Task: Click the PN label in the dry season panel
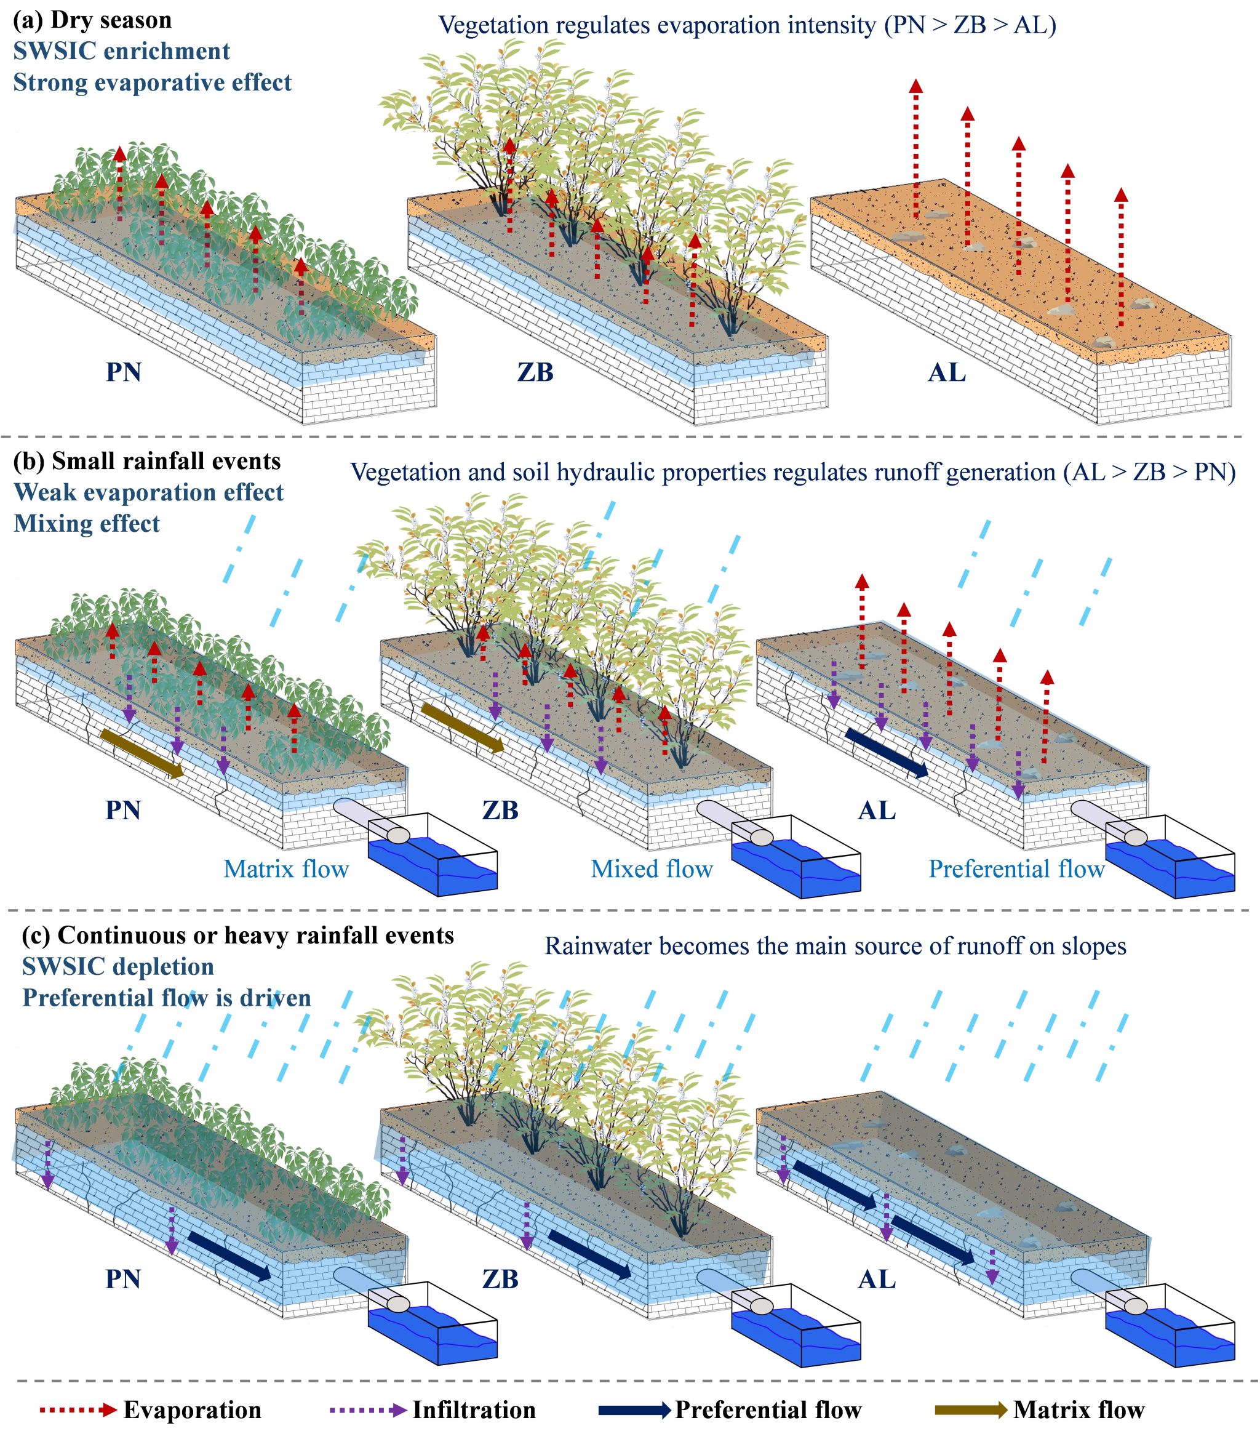pyautogui.click(x=123, y=372)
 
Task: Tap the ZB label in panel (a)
pyautogui.click(x=535, y=372)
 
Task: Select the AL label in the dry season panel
pyautogui.click(x=946, y=372)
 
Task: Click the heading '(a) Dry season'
pyautogui.click(x=92, y=20)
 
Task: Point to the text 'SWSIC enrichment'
pyautogui.click(x=122, y=51)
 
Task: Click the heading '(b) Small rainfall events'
pyautogui.click(x=147, y=462)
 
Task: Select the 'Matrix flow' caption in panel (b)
pyautogui.click(x=285, y=869)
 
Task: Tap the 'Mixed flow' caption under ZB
pyautogui.click(x=652, y=869)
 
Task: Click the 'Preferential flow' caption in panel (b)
pyautogui.click(x=1016, y=869)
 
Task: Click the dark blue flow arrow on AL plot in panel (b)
pyautogui.click(x=887, y=753)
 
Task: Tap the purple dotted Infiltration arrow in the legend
pyautogui.click(x=367, y=1409)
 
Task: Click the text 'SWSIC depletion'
pyautogui.click(x=118, y=967)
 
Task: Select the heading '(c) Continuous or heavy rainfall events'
pyautogui.click(x=238, y=936)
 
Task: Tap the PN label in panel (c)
pyautogui.click(x=123, y=1279)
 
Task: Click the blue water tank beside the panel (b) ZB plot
pyautogui.click(x=796, y=856)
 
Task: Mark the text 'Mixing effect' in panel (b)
pyautogui.click(x=87, y=524)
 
